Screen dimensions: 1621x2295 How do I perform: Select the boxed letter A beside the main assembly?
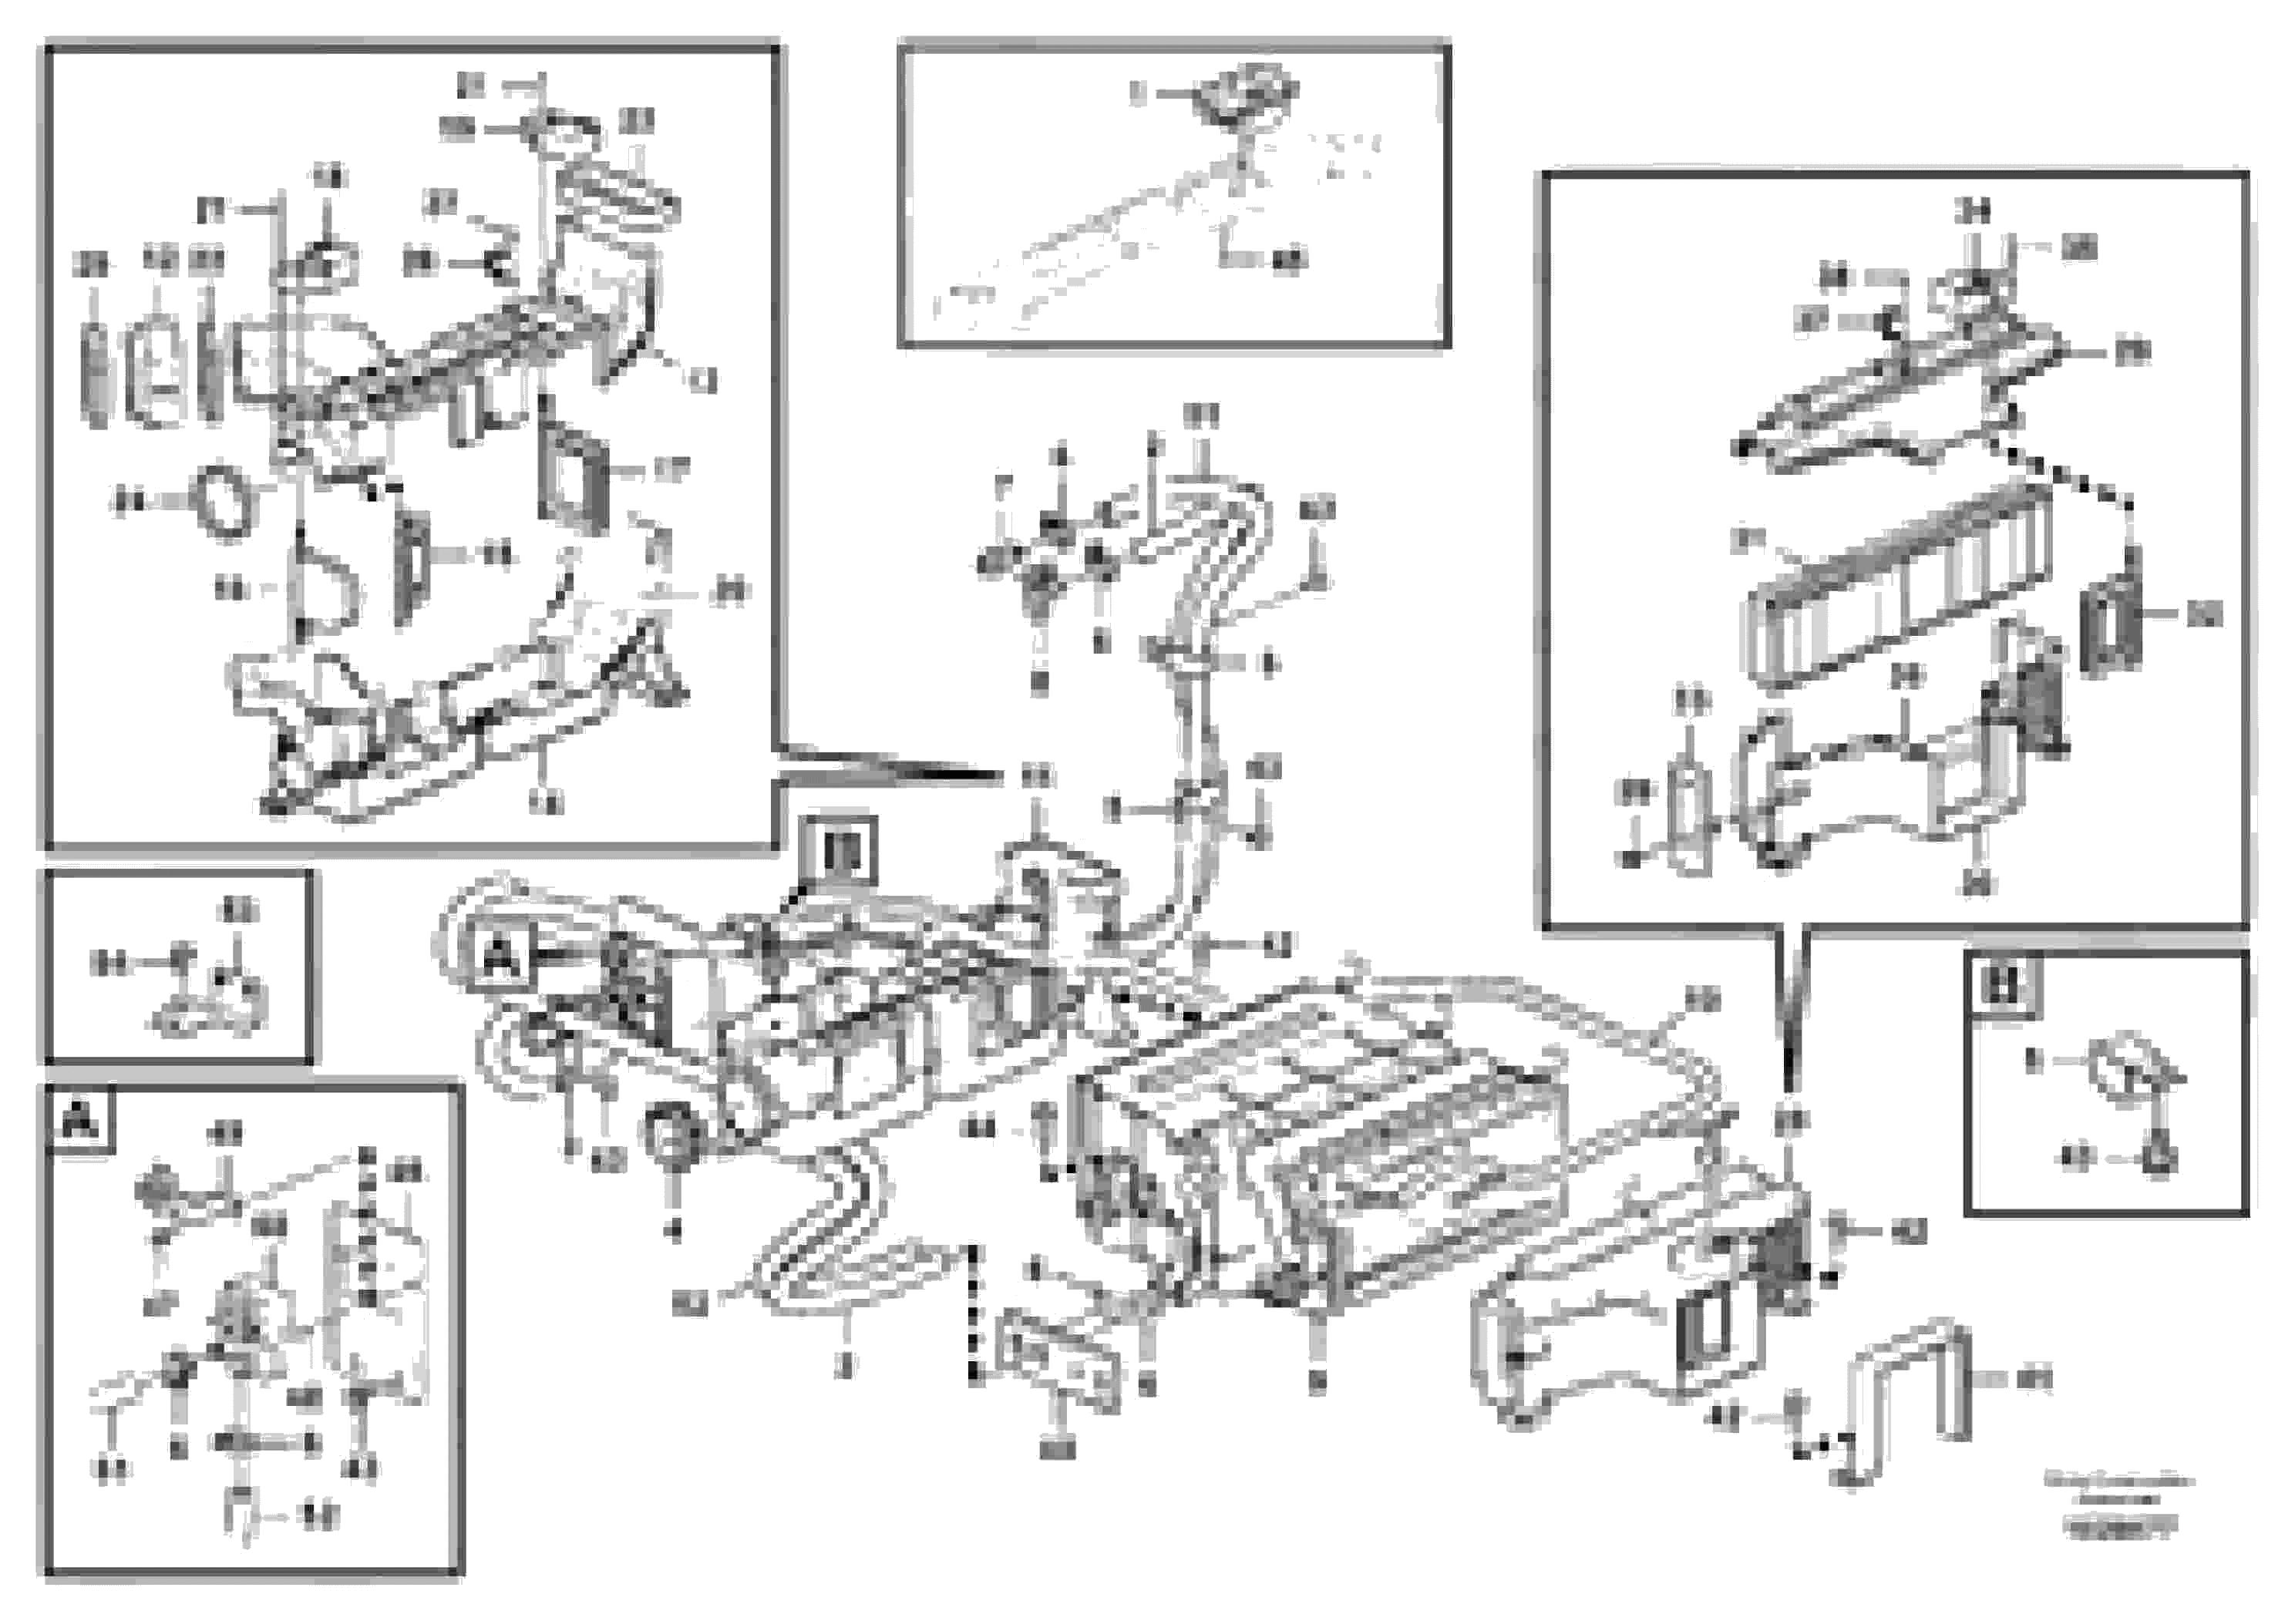(x=501, y=957)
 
